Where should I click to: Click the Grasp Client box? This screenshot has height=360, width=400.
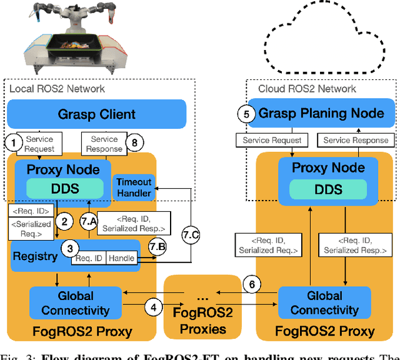97,114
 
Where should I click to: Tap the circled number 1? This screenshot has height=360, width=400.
13,143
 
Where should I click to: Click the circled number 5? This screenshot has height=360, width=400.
246,114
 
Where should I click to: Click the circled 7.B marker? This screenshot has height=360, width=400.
156,248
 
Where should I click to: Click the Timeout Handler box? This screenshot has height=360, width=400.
134,187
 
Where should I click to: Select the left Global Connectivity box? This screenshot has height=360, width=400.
75,303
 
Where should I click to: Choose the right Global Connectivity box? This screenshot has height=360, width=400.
325,303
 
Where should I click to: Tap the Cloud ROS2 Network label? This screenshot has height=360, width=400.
307,89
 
